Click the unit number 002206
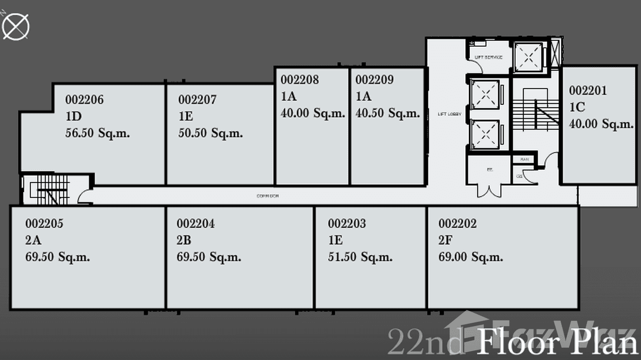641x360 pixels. tap(85, 100)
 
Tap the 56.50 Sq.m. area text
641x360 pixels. tap(97, 133)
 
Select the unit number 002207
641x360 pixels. tap(197, 100)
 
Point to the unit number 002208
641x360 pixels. tap(299, 80)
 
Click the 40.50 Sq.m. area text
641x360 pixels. tap(387, 113)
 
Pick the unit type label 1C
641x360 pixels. tap(577, 107)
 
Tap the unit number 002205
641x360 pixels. tap(44, 223)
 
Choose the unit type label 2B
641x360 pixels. tap(184, 240)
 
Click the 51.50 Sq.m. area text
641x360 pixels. tap(360, 257)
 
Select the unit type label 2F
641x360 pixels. tap(445, 240)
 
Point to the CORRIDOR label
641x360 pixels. tap(267, 196)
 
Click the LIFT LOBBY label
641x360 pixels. tap(449, 114)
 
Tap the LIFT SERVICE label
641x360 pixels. tap(488, 57)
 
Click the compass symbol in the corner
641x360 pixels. tap(16, 26)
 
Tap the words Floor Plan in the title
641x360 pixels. tap(557, 342)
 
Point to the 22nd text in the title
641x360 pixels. tap(425, 342)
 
